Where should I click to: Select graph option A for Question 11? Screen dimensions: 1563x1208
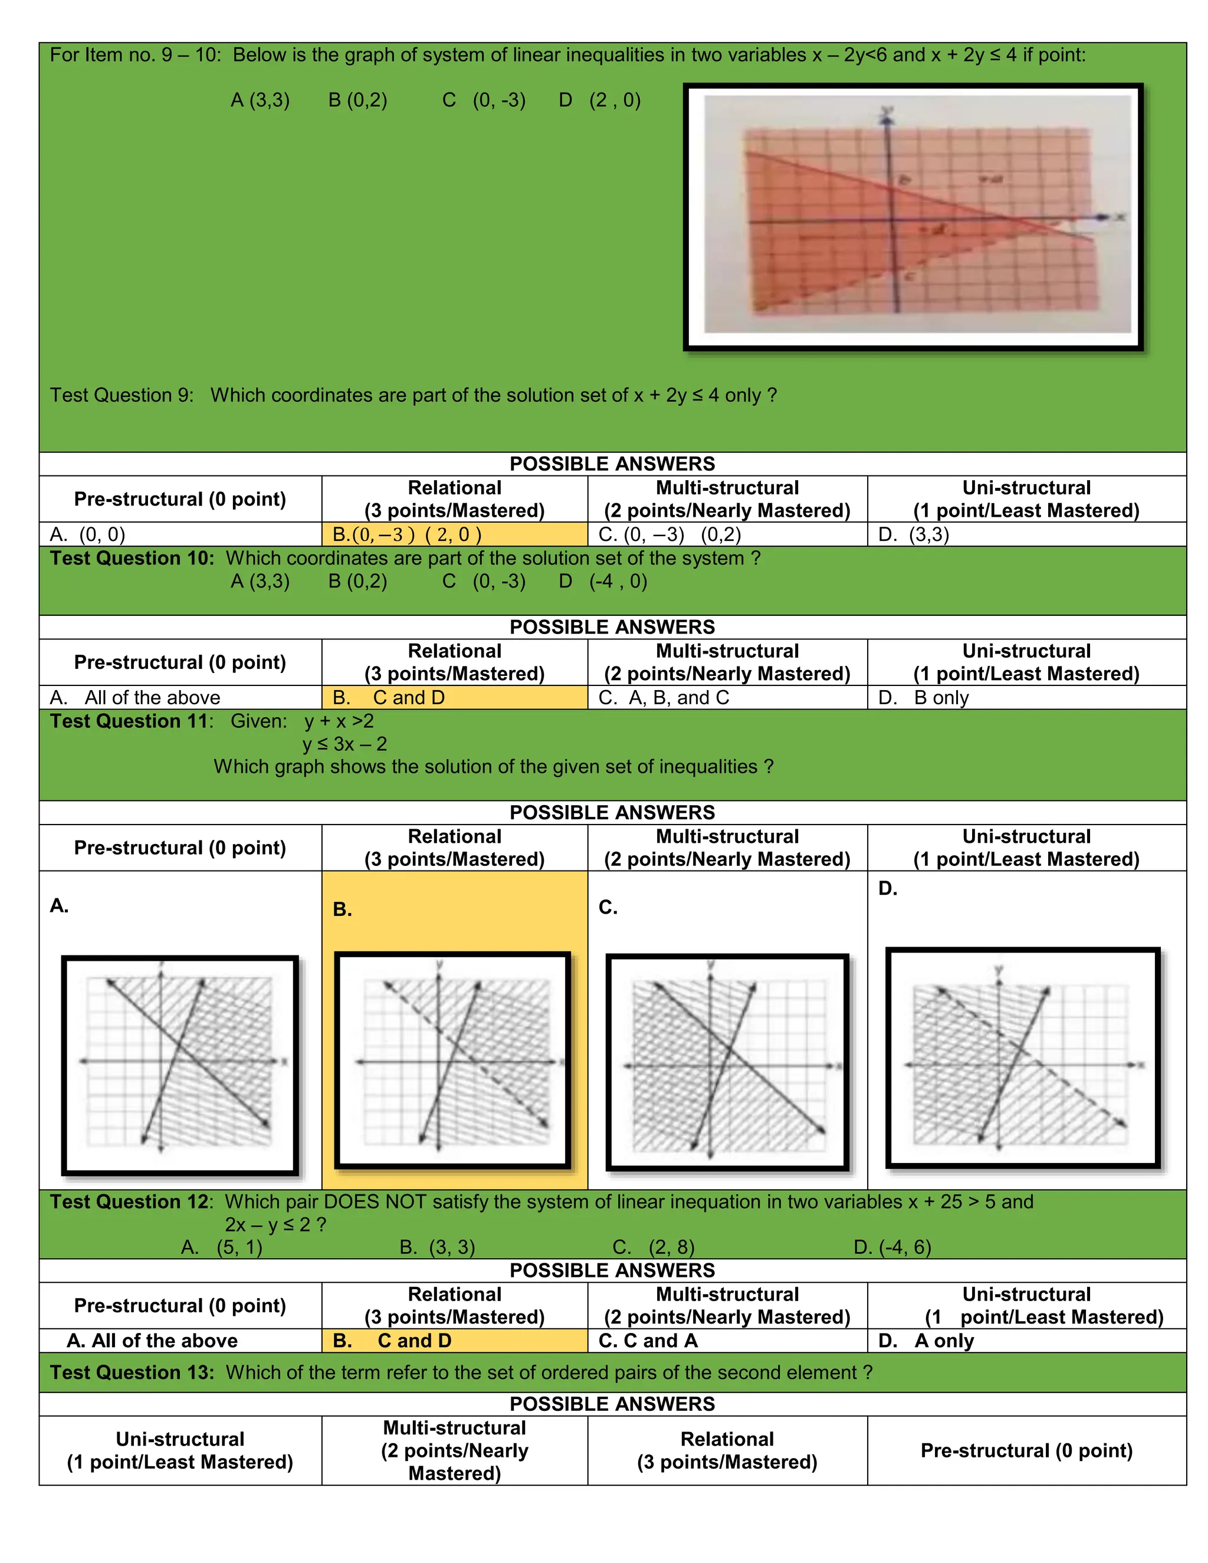tap(180, 1065)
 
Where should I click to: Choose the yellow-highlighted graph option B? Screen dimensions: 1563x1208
tap(452, 1060)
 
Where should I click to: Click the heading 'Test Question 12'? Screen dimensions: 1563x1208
tap(131, 1201)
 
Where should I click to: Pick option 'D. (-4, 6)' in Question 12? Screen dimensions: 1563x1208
tap(892, 1247)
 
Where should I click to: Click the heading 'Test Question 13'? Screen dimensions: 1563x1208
tap(132, 1372)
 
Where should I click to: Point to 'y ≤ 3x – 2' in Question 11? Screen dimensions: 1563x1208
tap(344, 744)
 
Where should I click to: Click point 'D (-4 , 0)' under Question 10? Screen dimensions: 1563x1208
tap(603, 580)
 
